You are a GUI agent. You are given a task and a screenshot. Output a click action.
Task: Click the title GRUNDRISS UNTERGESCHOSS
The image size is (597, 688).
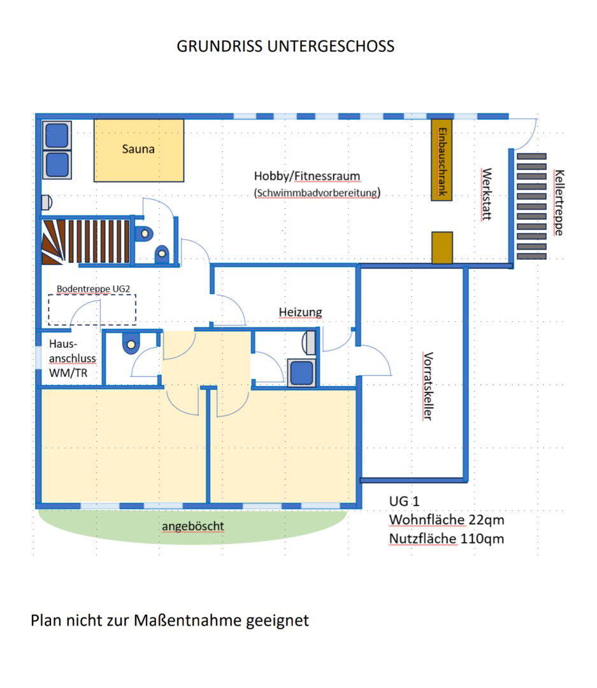[x=285, y=47]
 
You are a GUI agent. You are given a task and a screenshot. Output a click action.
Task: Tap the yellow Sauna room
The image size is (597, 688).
[x=138, y=150]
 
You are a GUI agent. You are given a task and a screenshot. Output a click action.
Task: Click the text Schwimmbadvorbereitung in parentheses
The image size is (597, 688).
[x=317, y=192]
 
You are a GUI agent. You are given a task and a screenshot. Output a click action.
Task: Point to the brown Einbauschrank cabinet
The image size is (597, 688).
[x=442, y=159]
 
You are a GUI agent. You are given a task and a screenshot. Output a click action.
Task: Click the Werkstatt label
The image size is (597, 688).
[x=487, y=194]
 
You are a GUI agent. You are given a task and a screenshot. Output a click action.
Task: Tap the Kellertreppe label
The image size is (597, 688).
[x=559, y=203]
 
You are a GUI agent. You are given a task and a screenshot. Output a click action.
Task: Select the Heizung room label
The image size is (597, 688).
[x=300, y=312]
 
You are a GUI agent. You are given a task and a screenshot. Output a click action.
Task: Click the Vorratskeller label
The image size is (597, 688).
[x=428, y=386]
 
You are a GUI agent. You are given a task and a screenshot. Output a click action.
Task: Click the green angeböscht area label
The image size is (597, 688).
[x=192, y=526]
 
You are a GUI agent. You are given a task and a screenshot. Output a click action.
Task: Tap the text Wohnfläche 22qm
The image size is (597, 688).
[x=447, y=520]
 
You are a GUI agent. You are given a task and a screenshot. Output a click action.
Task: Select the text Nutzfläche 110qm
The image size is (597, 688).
[x=447, y=539]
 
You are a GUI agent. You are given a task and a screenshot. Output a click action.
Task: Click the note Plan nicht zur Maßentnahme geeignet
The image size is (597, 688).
[x=169, y=620]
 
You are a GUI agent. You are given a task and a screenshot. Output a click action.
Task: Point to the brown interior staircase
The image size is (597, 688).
[x=86, y=241]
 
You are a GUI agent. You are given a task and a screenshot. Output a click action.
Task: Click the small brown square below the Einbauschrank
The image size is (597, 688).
[x=442, y=247]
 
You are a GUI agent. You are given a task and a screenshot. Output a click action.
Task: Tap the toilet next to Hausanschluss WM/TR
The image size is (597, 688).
[x=131, y=345]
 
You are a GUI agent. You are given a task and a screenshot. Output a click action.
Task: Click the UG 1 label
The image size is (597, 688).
[x=405, y=501]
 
